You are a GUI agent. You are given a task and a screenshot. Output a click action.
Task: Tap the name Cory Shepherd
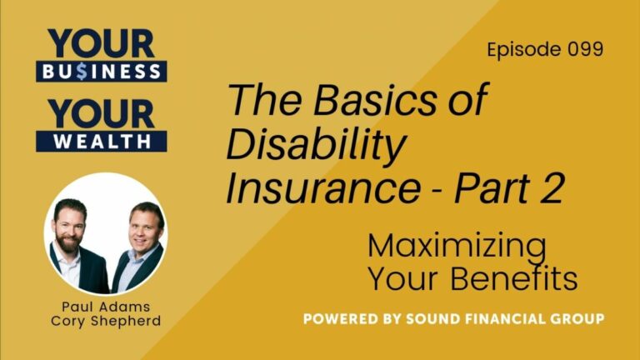(104, 321)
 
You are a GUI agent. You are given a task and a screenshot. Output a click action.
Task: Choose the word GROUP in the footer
(576, 319)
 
